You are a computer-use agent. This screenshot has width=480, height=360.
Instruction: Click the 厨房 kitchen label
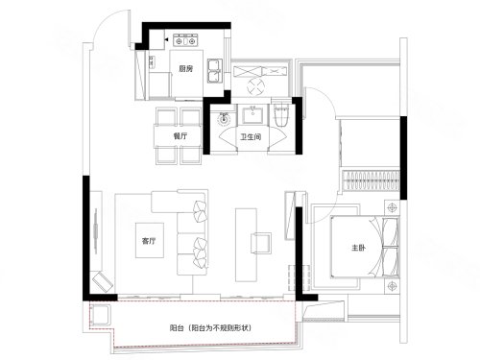[x=186, y=68]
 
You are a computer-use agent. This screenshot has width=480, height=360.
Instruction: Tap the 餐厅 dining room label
[x=180, y=136]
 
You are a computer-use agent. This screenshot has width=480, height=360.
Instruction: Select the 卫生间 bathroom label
[x=251, y=137]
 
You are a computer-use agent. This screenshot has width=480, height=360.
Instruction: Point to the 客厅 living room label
[x=149, y=241]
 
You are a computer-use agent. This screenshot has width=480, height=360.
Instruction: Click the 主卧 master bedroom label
[x=358, y=248]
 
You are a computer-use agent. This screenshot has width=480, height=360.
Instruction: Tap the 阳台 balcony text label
[x=177, y=328]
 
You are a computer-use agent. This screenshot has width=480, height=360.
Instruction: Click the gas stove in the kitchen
[x=184, y=40]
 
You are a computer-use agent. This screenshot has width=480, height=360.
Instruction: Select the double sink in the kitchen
[x=215, y=71]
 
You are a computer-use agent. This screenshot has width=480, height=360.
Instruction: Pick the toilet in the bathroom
[x=282, y=114]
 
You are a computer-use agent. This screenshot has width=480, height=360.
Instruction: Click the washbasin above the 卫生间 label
[x=252, y=114]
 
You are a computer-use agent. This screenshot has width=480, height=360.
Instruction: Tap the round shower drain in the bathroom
[x=224, y=119]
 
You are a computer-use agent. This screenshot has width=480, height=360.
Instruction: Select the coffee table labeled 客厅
[x=150, y=240]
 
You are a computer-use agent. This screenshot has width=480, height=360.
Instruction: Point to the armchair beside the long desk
[x=261, y=243]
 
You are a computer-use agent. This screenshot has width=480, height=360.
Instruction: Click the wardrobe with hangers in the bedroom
[x=371, y=180]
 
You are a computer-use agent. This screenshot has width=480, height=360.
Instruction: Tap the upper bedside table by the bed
[x=392, y=207]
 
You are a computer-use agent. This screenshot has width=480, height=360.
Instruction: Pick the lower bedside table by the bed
[x=392, y=286]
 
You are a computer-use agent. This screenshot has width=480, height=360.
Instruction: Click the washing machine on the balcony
[x=101, y=316]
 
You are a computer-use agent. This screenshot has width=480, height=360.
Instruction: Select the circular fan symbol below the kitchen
[x=255, y=86]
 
